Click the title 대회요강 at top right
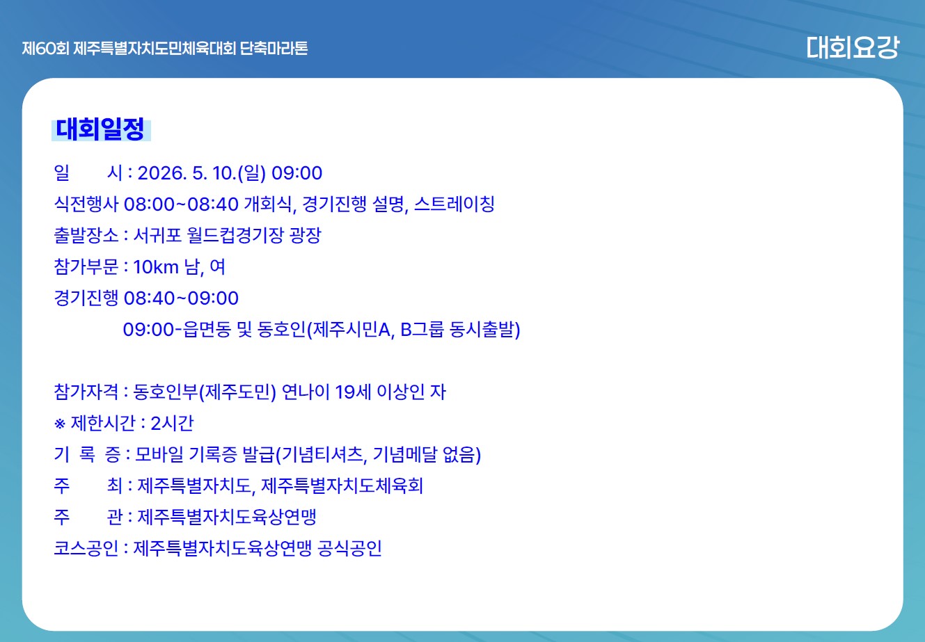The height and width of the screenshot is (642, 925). (x=853, y=47)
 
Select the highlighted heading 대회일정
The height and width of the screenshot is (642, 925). (x=101, y=129)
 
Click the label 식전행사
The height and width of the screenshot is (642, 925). (x=86, y=204)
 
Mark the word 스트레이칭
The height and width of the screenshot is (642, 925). (x=454, y=204)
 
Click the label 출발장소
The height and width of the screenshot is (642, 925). (x=86, y=236)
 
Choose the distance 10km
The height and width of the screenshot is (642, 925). (x=156, y=267)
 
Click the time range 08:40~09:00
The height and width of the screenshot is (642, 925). (x=181, y=298)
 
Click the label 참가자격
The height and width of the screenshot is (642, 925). (x=86, y=392)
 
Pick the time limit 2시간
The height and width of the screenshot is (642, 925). (x=172, y=424)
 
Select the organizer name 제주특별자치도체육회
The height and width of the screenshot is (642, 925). (x=342, y=486)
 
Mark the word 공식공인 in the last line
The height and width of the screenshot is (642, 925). (x=349, y=549)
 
